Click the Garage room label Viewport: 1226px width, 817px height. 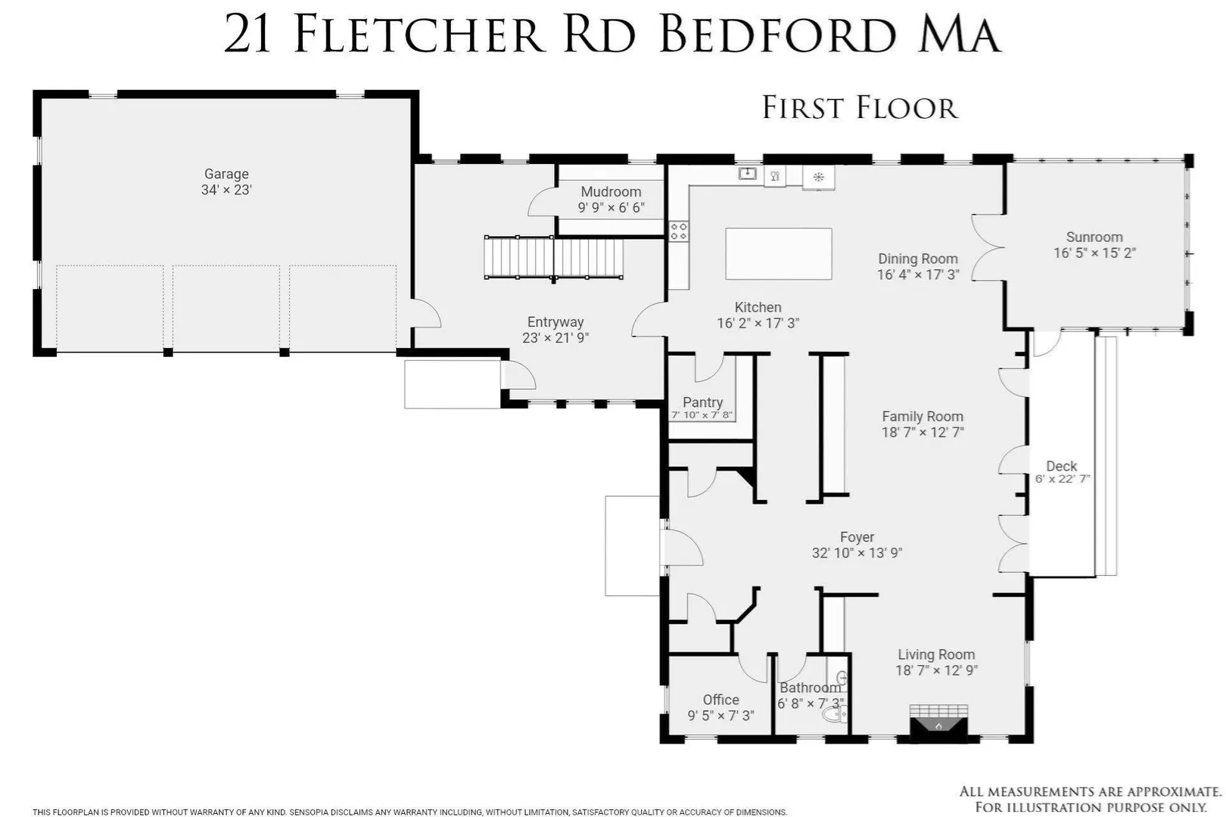[x=226, y=174]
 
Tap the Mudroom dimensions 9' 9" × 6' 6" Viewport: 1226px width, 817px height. [x=611, y=208]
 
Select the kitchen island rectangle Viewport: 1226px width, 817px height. [x=778, y=254]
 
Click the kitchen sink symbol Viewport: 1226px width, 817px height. [x=747, y=173]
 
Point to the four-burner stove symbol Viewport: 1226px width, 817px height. [x=679, y=231]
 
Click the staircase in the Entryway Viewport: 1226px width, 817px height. [x=553, y=257]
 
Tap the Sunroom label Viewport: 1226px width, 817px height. [x=1094, y=237]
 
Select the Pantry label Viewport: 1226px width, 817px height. [x=702, y=402]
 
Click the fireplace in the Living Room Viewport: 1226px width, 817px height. [x=938, y=723]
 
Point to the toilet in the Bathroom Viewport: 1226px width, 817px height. [x=835, y=714]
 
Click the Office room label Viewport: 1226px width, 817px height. [x=720, y=700]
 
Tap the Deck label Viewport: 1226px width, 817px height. [x=1061, y=466]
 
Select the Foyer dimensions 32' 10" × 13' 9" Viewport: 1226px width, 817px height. [x=857, y=553]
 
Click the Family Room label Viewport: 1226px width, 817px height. [x=923, y=416]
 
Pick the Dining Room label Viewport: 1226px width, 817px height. [x=918, y=259]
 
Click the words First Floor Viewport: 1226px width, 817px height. [x=860, y=107]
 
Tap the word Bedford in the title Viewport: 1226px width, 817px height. [x=777, y=35]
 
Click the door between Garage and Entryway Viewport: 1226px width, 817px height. [x=426, y=313]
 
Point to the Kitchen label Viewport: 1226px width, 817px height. [x=758, y=308]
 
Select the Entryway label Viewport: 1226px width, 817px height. [x=555, y=322]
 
